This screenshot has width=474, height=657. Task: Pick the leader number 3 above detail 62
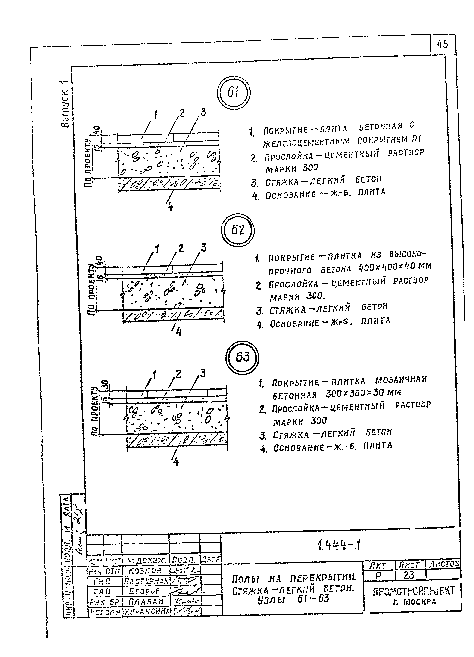(204, 248)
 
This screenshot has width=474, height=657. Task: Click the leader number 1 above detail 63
(154, 376)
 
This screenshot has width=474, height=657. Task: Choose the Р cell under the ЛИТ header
(378, 575)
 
